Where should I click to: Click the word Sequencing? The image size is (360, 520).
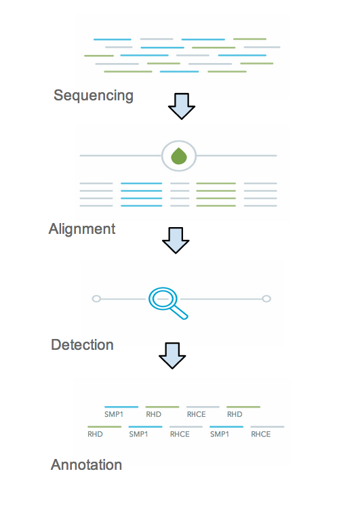click(94, 96)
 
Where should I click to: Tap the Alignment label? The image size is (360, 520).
click(82, 229)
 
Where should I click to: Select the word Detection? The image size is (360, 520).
click(82, 345)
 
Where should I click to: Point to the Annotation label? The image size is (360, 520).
click(86, 464)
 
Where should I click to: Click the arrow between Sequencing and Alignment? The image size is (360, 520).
click(182, 106)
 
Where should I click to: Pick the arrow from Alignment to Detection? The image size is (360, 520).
click(176, 241)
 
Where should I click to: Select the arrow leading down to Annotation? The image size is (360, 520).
click(172, 355)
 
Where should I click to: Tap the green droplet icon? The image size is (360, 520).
click(179, 156)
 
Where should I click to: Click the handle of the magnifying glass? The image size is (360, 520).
click(180, 312)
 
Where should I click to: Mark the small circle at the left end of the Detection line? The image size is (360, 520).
click(96, 299)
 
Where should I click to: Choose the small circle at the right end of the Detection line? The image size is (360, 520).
click(266, 299)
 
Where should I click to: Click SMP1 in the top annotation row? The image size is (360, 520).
click(114, 414)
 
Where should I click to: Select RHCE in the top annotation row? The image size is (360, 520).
click(196, 414)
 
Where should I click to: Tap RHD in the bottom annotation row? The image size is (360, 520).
click(95, 434)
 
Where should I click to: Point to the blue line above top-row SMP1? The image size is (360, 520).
click(121, 407)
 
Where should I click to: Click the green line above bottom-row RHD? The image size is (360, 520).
click(104, 427)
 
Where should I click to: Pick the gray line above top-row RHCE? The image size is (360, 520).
click(203, 407)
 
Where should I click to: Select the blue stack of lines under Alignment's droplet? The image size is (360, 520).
click(142, 195)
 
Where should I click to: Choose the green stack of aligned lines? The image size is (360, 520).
click(216, 195)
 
